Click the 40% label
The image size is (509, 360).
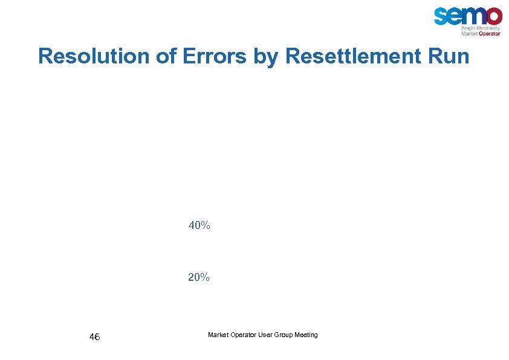point(199,226)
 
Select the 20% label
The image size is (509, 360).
point(199,277)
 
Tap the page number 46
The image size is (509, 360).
point(94,336)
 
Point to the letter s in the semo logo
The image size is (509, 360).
point(442,16)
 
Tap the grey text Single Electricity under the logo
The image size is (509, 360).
point(481,28)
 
